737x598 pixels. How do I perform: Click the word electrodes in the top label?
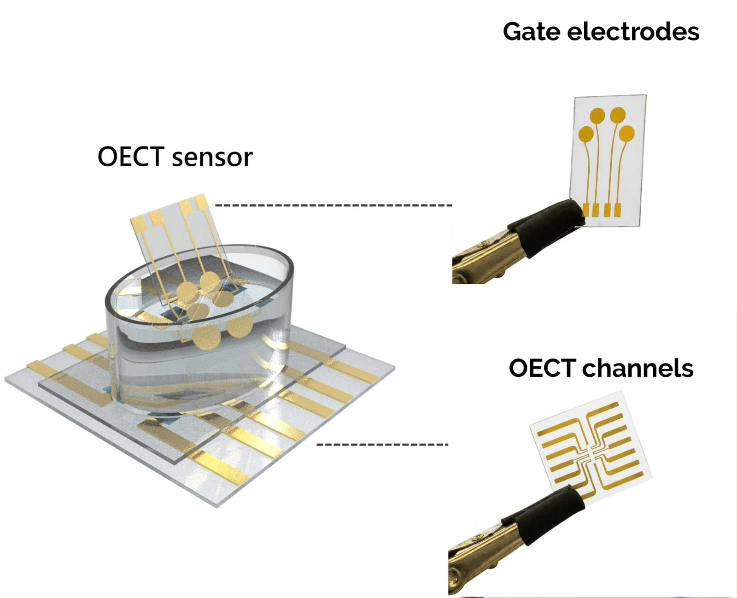tap(633, 32)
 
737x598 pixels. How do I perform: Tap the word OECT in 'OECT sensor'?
tap(131, 157)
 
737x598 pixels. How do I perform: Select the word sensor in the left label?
tap(212, 157)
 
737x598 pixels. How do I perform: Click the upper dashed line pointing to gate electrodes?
tap(333, 205)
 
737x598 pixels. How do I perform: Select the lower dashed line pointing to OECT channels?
tap(382, 444)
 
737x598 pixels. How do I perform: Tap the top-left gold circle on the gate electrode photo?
tap(597, 116)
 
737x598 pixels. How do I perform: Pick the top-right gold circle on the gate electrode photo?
tap(618, 115)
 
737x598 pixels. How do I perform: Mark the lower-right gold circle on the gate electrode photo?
tap(626, 134)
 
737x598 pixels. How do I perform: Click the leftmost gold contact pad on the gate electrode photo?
tap(586, 210)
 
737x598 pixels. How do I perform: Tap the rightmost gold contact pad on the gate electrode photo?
tap(618, 210)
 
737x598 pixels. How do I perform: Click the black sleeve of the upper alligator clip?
tap(547, 226)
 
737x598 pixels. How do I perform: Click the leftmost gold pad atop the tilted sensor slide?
tap(139, 224)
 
